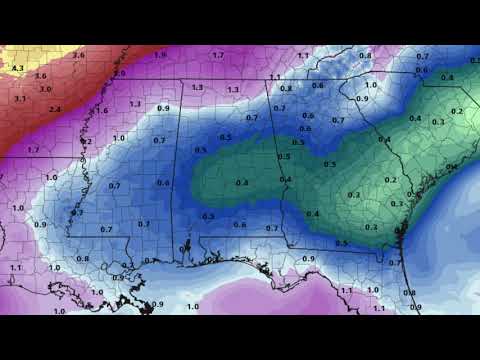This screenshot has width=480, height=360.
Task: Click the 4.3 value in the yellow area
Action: (x=16, y=68)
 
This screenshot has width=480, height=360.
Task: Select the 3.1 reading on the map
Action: (x=20, y=99)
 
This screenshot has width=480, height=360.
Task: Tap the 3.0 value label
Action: (x=45, y=89)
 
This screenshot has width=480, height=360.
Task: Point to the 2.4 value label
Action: (x=55, y=109)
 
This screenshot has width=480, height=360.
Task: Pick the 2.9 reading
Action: (x=120, y=74)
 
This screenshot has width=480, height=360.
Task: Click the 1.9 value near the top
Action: (x=160, y=54)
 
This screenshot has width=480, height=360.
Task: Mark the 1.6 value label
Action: (x=102, y=110)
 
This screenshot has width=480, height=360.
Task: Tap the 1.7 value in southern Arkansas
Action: (x=33, y=149)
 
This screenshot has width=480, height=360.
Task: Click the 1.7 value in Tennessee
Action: (x=218, y=55)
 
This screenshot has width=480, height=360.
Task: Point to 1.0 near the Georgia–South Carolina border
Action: (x=370, y=86)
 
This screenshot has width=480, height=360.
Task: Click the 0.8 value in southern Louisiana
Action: (x=82, y=259)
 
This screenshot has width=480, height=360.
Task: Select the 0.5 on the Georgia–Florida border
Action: (x=341, y=243)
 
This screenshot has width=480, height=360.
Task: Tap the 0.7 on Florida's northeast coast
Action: (x=394, y=263)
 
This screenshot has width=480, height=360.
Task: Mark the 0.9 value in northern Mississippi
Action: (x=163, y=108)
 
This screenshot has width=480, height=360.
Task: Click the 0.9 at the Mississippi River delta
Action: (x=158, y=304)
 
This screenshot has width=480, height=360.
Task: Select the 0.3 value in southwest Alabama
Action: (x=208, y=216)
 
